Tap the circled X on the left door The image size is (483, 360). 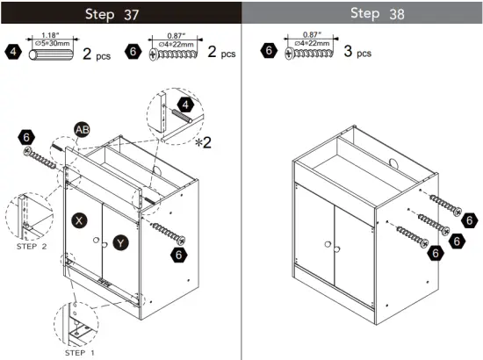click(x=79, y=220)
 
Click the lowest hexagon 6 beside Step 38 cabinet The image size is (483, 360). click(x=435, y=253)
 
